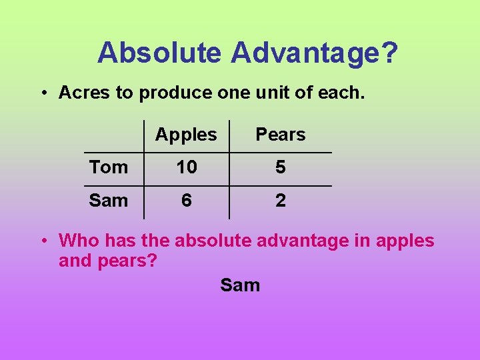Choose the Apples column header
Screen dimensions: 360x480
pyautogui.click(x=186, y=135)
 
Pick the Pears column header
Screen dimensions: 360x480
pyautogui.click(x=281, y=135)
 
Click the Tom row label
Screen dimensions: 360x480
pyautogui.click(x=109, y=167)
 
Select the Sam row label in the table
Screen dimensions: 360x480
pyautogui.click(x=109, y=200)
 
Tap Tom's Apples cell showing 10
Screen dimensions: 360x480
pyautogui.click(x=187, y=167)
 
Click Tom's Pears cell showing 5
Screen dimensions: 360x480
pyautogui.click(x=281, y=167)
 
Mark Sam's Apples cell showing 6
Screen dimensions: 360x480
pyautogui.click(x=187, y=200)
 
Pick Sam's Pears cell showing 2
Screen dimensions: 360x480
pyautogui.click(x=281, y=200)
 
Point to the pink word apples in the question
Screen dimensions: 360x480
pyautogui.click(x=405, y=241)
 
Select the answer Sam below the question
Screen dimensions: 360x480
pyautogui.click(x=240, y=285)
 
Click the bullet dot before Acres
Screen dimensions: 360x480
pyautogui.click(x=42, y=93)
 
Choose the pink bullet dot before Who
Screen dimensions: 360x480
pyautogui.click(x=42, y=241)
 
